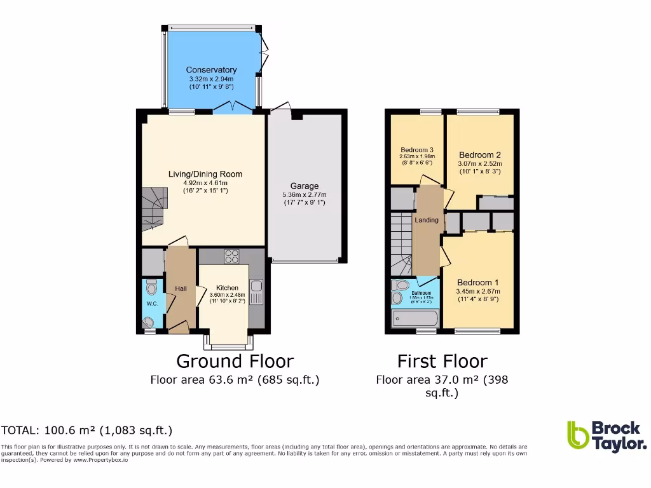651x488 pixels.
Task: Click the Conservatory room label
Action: click(211, 70)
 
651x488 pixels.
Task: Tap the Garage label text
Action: click(305, 186)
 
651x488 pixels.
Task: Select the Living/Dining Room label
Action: click(205, 174)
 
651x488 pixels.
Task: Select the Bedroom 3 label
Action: click(416, 149)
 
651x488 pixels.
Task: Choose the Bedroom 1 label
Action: click(474, 283)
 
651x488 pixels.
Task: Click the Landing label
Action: click(427, 220)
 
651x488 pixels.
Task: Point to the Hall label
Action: click(181, 289)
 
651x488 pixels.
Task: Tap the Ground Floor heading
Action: click(235, 362)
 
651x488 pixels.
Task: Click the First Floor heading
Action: click(442, 362)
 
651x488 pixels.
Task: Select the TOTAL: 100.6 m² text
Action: click(86, 430)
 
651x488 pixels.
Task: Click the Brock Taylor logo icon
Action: click(577, 435)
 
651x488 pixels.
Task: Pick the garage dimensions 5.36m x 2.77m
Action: click(305, 195)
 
